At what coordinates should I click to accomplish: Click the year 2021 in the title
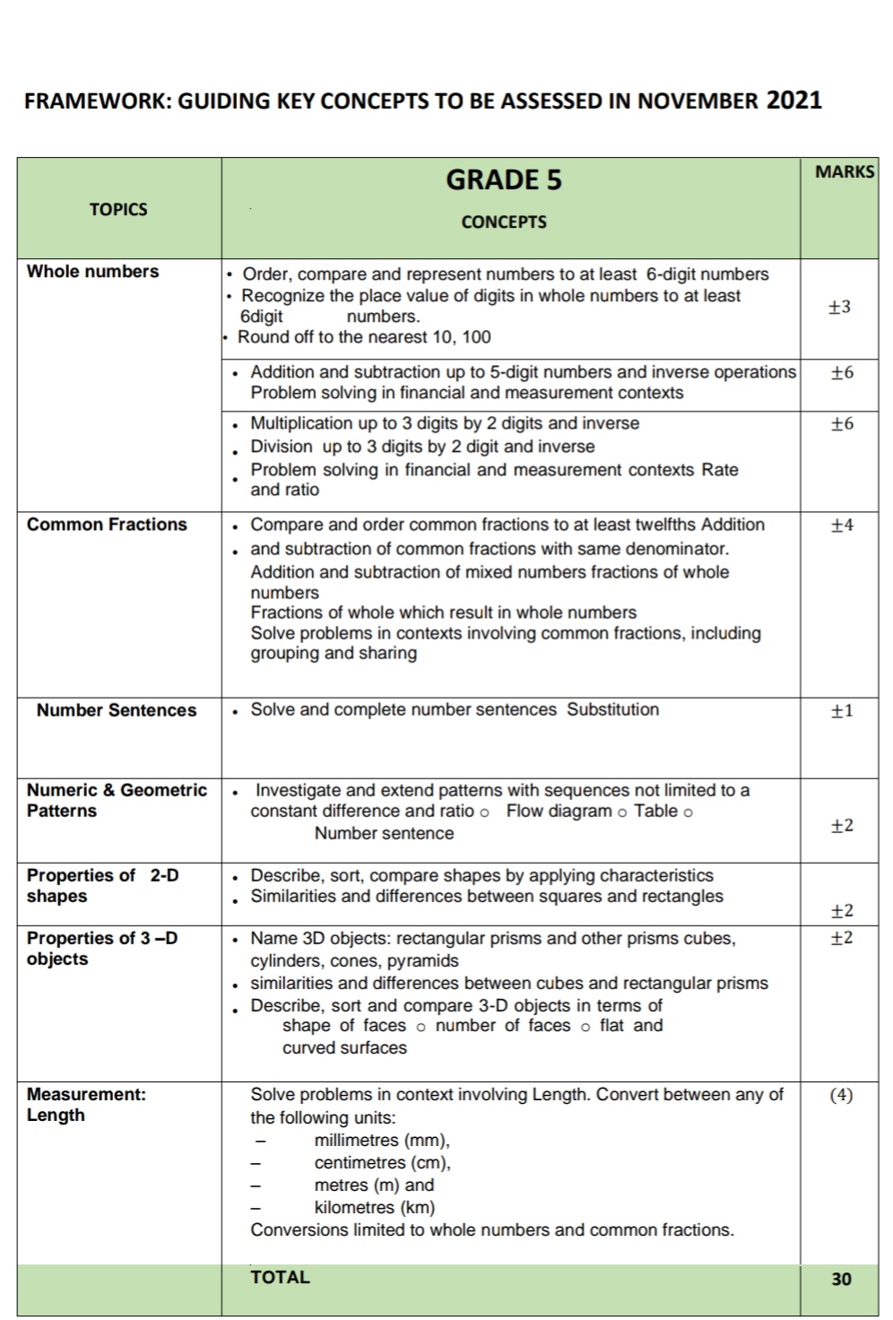[x=793, y=100]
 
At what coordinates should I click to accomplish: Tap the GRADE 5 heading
[x=503, y=180]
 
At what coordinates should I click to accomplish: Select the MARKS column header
[x=844, y=172]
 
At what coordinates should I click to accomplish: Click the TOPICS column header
[x=118, y=210]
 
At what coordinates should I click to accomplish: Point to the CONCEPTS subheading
[x=503, y=222]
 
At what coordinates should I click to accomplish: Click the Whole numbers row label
[x=92, y=272]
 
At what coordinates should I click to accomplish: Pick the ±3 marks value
[x=840, y=307]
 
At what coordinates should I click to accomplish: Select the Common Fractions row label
[x=107, y=525]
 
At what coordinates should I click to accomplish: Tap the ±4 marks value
[x=842, y=525]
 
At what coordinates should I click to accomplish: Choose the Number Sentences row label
[x=117, y=710]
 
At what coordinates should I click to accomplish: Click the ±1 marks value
[x=842, y=711]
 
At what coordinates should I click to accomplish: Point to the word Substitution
[x=612, y=709]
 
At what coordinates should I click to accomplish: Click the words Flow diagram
[x=559, y=812]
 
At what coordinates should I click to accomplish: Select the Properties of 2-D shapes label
[x=102, y=885]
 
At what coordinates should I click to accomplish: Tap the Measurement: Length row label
[x=86, y=1105]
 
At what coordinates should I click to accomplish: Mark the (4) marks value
[x=841, y=1095]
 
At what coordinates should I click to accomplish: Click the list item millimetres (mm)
[x=382, y=1141]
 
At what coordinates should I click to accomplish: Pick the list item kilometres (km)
[x=374, y=1208]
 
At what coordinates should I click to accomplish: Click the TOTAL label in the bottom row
[x=280, y=1278]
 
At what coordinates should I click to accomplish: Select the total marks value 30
[x=841, y=1280]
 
